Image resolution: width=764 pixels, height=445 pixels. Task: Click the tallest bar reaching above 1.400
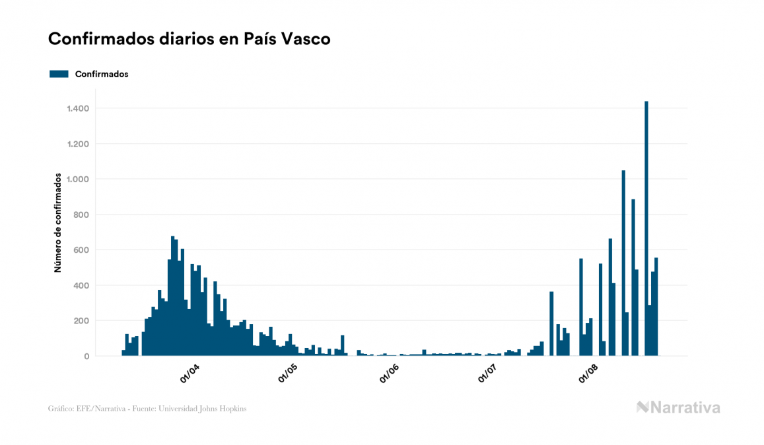646,231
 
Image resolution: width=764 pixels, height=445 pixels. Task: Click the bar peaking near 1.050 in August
623,264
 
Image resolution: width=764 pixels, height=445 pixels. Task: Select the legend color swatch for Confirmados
59,74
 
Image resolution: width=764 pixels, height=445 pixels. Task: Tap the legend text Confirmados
102,74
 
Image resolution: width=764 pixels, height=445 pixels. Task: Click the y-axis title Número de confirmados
57,223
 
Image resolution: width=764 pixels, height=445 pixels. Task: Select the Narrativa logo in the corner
678,407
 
